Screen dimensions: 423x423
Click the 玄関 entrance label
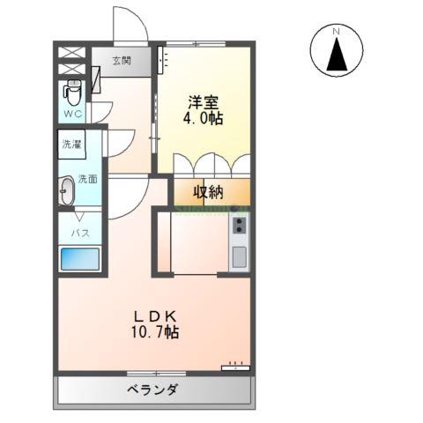(122, 61)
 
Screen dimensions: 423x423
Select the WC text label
(72, 115)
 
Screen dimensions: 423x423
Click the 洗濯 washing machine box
(72, 143)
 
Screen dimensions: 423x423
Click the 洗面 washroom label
(88, 179)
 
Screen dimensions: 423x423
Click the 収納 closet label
(210, 192)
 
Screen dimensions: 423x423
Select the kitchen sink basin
(238, 257)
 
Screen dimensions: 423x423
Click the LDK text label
(157, 315)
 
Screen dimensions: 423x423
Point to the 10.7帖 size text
(157, 333)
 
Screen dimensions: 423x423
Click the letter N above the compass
(336, 33)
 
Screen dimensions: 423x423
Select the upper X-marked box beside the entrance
(72, 49)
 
